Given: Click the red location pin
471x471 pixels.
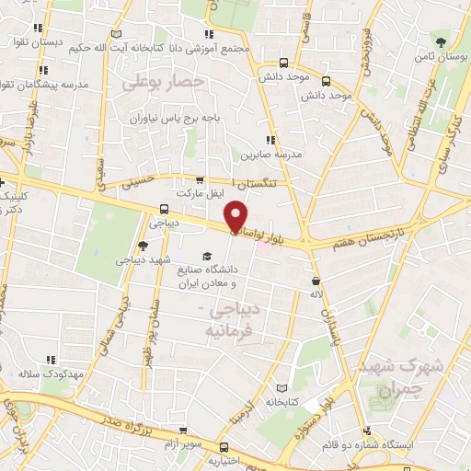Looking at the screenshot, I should click(236, 214).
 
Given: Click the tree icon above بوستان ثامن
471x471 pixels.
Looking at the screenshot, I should click(443, 42).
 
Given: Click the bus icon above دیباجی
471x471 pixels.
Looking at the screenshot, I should click(163, 208).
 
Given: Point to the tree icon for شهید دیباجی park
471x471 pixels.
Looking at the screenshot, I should click(142, 245).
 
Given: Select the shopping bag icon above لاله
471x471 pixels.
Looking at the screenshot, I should click(316, 281).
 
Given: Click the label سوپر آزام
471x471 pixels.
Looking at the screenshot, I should click(184, 443).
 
